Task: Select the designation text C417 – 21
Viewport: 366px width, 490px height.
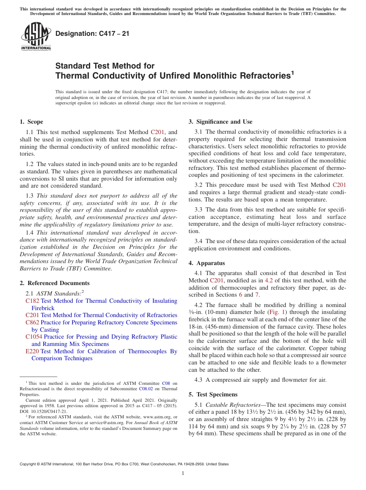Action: (x=92, y=34)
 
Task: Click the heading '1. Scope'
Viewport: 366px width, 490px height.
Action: (x=32, y=122)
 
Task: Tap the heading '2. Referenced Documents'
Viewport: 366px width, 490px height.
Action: (x=55, y=283)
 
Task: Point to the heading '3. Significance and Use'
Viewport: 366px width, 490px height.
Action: (x=220, y=122)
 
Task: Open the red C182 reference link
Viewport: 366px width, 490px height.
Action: (x=32, y=301)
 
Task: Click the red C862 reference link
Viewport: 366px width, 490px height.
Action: (x=32, y=322)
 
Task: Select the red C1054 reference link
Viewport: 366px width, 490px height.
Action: (x=34, y=337)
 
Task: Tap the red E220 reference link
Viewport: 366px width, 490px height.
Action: (x=32, y=351)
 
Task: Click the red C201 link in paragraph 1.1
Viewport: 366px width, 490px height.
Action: (x=157, y=132)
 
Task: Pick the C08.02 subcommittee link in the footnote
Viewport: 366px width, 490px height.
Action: (x=146, y=389)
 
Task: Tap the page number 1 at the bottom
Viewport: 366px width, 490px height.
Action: (x=183, y=473)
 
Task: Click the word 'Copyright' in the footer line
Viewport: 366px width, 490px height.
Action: (x=28, y=464)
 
